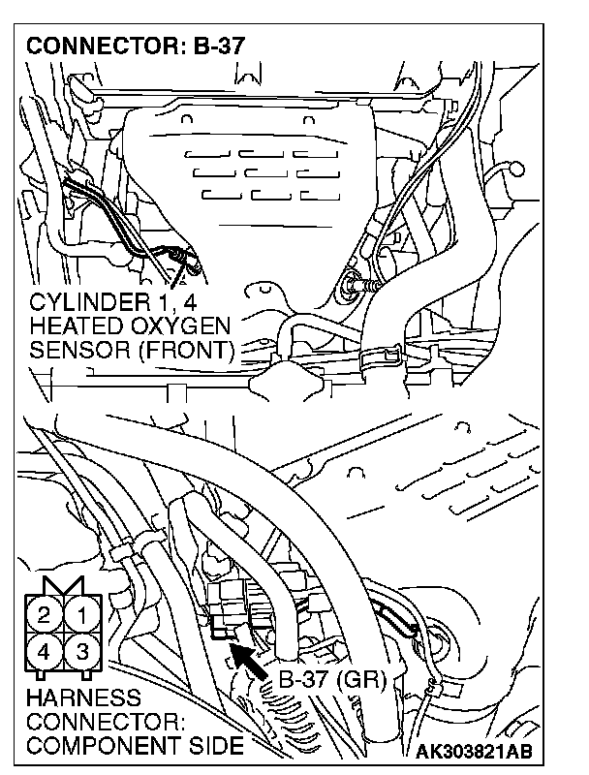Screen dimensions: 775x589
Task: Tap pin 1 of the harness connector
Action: [83, 613]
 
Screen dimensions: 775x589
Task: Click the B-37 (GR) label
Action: [331, 679]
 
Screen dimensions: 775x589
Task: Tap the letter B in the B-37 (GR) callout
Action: [286, 679]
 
